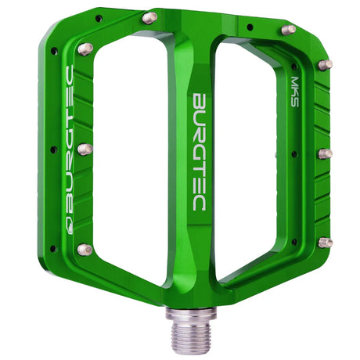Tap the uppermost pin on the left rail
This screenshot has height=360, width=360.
[85, 49]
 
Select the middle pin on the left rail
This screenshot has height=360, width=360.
[85, 149]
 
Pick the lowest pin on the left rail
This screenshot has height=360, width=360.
[85, 250]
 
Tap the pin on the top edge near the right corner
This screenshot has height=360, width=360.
[288, 30]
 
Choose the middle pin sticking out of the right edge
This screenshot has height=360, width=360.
[325, 153]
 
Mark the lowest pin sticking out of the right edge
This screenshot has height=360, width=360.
[325, 242]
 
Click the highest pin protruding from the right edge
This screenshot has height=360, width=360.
[325, 63]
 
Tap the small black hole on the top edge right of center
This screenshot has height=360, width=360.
[249, 26]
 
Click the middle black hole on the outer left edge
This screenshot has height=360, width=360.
[52, 148]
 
